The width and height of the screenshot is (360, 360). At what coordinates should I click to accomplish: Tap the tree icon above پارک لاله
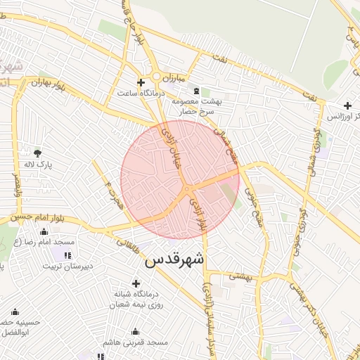click(x=38, y=152)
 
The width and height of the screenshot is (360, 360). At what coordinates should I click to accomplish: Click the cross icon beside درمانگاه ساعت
click(x=141, y=82)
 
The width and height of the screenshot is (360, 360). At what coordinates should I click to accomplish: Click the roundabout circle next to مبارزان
click(x=156, y=76)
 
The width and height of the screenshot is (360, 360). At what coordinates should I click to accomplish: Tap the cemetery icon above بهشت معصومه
click(x=195, y=91)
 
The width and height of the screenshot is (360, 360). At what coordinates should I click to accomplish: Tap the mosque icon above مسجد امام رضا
click(x=44, y=231)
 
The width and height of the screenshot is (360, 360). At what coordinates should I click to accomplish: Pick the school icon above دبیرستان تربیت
click(x=67, y=255)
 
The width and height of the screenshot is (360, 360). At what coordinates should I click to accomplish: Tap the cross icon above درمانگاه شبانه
click(x=136, y=282)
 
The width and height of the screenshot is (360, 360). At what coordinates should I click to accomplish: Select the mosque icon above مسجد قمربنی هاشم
click(x=136, y=331)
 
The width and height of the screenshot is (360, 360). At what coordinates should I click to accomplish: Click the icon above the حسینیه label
click(x=15, y=311)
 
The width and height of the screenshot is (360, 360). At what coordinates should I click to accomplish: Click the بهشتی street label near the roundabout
click(x=240, y=276)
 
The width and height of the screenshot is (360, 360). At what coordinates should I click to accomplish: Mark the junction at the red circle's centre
click(x=186, y=191)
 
